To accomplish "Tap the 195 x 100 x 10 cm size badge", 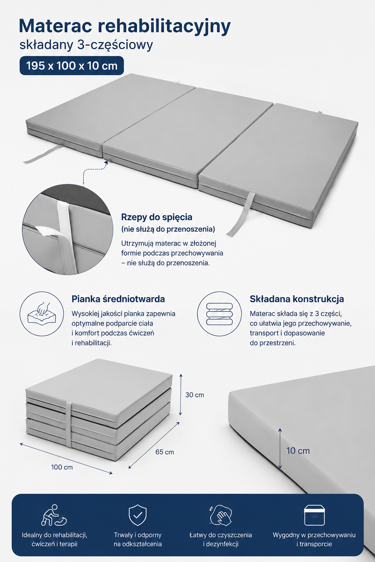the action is (x=71, y=66).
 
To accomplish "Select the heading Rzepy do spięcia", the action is (x=156, y=217).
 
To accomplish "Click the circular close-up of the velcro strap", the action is (x=67, y=229).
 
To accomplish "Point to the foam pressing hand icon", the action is (x=42, y=314).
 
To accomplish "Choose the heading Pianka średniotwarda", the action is (x=118, y=299).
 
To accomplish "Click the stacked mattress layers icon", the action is (x=219, y=314).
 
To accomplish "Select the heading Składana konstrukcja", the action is (x=297, y=299).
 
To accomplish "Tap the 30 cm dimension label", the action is (x=194, y=395).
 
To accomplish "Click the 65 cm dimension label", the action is (x=164, y=452).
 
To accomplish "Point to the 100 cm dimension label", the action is (x=62, y=467).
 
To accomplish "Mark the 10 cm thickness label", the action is (x=298, y=451).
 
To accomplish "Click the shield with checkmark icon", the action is (x=137, y=515).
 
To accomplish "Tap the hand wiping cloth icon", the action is (x=220, y=515).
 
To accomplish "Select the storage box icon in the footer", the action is (x=314, y=515).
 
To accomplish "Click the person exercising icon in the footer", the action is (x=54, y=515).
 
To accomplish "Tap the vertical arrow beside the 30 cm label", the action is (x=181, y=394).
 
